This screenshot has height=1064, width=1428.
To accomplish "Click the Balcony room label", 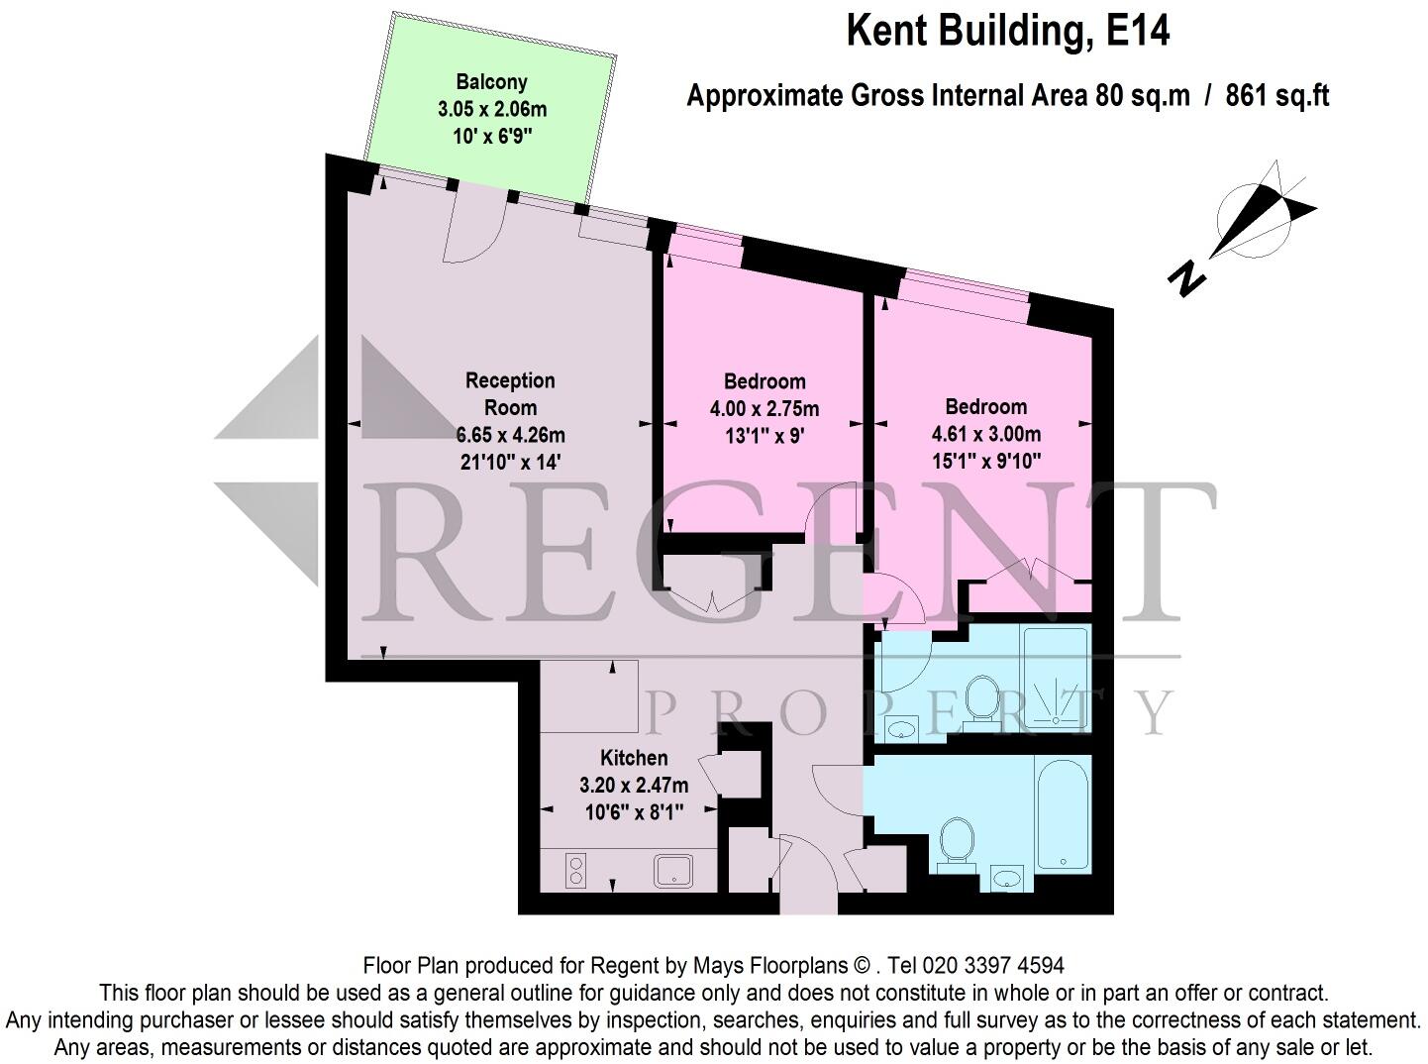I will pos(491,82).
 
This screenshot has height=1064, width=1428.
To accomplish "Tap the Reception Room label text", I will pos(510,393).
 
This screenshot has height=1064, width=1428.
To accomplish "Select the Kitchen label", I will pos(634,758).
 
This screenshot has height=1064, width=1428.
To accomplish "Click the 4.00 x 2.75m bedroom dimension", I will pos(764,408).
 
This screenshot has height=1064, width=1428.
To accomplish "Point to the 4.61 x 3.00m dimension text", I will pos(985,434).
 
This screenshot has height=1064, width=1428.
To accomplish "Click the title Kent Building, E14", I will pos(1007,31).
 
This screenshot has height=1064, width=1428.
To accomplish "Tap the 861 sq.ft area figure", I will pos(1276,96).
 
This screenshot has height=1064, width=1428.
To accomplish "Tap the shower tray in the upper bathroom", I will pos(1056,679).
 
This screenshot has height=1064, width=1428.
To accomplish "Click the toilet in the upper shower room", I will pos(981,699).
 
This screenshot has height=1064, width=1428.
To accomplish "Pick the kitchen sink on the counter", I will pos(674,870).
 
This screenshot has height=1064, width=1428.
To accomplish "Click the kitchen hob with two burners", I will pos(575,870).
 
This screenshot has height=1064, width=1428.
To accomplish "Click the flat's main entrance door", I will pos(808,872).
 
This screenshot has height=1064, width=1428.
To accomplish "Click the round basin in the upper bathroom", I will pos(902,730).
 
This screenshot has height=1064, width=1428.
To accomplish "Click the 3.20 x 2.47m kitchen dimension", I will pos(634,785).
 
